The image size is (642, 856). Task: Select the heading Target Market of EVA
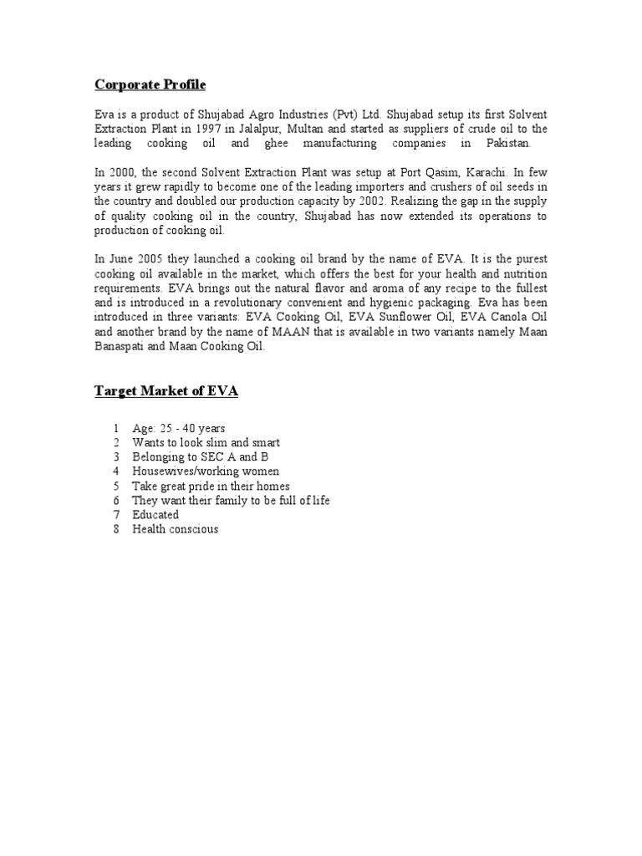[x=166, y=391]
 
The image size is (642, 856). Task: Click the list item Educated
[x=155, y=515]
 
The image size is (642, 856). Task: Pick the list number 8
[x=116, y=529]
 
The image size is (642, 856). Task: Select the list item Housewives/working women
[x=206, y=471]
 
